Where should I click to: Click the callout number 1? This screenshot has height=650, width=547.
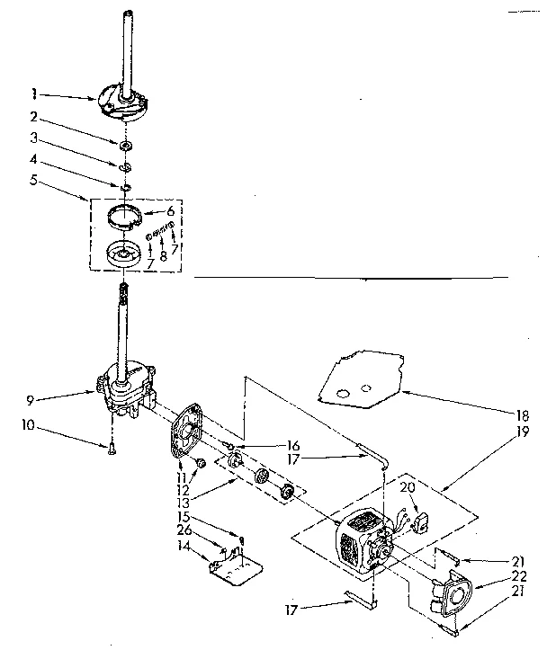(x=33, y=93)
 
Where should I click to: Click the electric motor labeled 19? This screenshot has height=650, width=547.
(x=363, y=545)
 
